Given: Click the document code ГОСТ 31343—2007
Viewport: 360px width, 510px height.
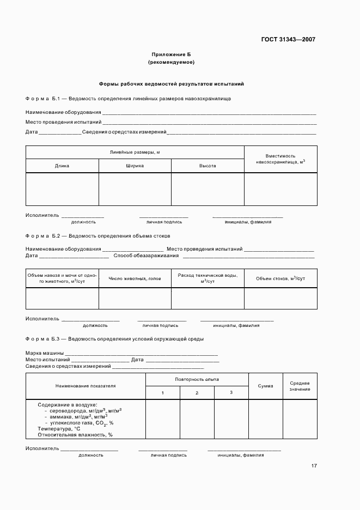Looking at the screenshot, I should pyautogui.click(x=288, y=39).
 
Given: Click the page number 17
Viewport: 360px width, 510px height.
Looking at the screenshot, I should pyautogui.click(x=314, y=466).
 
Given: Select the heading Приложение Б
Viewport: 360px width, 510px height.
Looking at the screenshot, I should pyautogui.click(x=171, y=54).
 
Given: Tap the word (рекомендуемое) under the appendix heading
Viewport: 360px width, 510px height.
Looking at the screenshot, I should pyautogui.click(x=171, y=62).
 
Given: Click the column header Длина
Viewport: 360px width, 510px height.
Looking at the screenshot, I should pyautogui.click(x=62, y=166).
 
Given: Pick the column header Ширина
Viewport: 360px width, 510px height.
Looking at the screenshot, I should pyautogui.click(x=135, y=166).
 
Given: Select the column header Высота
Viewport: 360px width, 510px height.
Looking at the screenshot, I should pyautogui.click(x=208, y=166).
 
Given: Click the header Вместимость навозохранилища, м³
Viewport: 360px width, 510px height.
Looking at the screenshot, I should pyautogui.click(x=280, y=159).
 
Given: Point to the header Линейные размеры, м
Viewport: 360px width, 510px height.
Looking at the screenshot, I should pyautogui.click(x=135, y=152).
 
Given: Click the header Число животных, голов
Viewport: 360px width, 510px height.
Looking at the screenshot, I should pyautogui.click(x=135, y=278).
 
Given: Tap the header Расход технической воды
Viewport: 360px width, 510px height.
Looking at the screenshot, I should pyautogui.click(x=208, y=278).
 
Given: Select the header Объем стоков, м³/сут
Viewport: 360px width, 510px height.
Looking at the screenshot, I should pyautogui.click(x=280, y=278).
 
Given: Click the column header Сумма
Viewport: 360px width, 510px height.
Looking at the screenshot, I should pyautogui.click(x=265, y=386).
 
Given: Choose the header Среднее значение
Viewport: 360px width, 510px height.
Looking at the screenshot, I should pyautogui.click(x=300, y=386).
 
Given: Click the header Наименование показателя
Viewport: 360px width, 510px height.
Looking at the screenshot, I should pyautogui.click(x=86, y=386).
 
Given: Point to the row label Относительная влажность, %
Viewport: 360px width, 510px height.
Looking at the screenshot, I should pyautogui.click(x=75, y=435).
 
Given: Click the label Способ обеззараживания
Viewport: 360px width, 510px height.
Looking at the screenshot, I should pyautogui.click(x=147, y=256).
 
